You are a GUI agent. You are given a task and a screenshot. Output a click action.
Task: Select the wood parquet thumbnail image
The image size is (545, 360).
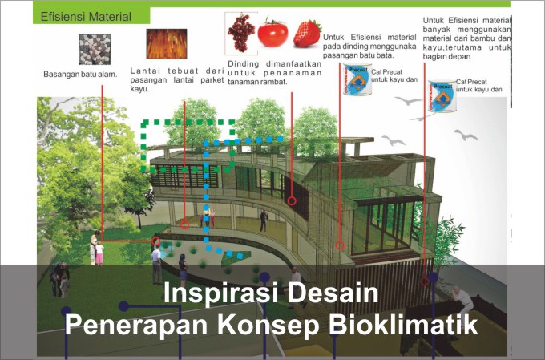pyautogui.click(x=166, y=45)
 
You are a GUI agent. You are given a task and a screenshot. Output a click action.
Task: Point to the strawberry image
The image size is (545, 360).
pyautogui.click(x=307, y=33)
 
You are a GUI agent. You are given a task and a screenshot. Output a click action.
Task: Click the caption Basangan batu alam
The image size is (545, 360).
pyautogui.click(x=80, y=75)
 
